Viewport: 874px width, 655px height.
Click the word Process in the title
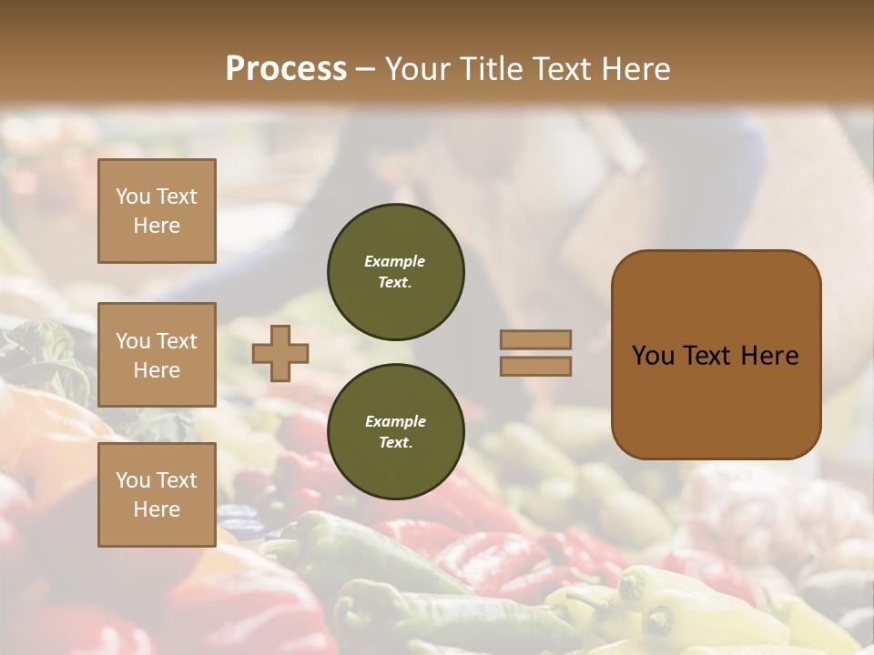pyautogui.click(x=286, y=69)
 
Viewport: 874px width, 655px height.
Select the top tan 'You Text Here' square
pyautogui.click(x=157, y=211)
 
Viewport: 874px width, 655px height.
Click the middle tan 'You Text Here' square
pyautogui.click(x=157, y=355)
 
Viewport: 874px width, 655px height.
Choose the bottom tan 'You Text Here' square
pyautogui.click(x=157, y=494)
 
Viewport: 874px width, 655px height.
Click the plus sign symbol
pyautogui.click(x=280, y=353)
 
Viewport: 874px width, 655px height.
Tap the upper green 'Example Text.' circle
pyautogui.click(x=395, y=272)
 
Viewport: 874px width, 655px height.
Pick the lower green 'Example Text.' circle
pyautogui.click(x=395, y=432)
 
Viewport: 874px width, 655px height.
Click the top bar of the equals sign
pyautogui.click(x=535, y=339)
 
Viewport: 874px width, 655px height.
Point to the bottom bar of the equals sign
pyautogui.click(x=535, y=366)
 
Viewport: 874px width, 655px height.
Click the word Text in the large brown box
pyautogui.click(x=708, y=356)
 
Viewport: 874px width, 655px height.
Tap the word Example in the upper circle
pyautogui.click(x=394, y=262)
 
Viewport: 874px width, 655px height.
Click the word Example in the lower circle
pyautogui.click(x=394, y=422)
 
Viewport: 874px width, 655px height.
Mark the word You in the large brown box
pyautogui.click(x=653, y=356)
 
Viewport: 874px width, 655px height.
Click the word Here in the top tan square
pyautogui.click(x=157, y=226)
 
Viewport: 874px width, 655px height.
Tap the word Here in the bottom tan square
pyautogui.click(x=157, y=509)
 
